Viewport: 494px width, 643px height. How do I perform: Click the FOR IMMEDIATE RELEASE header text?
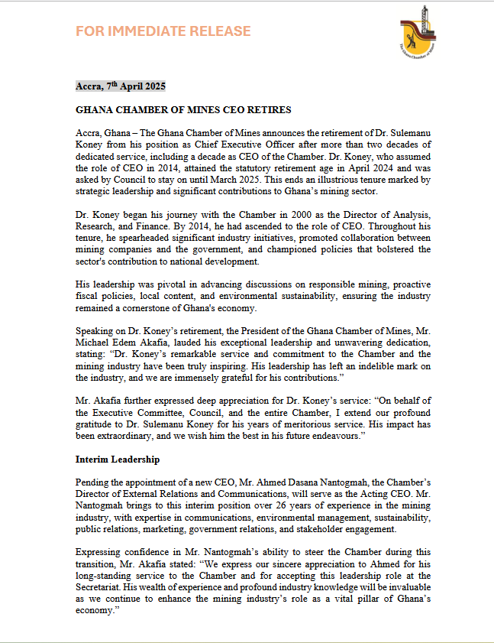(163, 31)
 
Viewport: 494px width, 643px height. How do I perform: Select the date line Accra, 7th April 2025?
(121, 86)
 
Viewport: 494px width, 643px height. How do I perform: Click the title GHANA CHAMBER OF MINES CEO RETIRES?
(183, 110)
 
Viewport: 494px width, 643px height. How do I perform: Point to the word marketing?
(169, 531)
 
